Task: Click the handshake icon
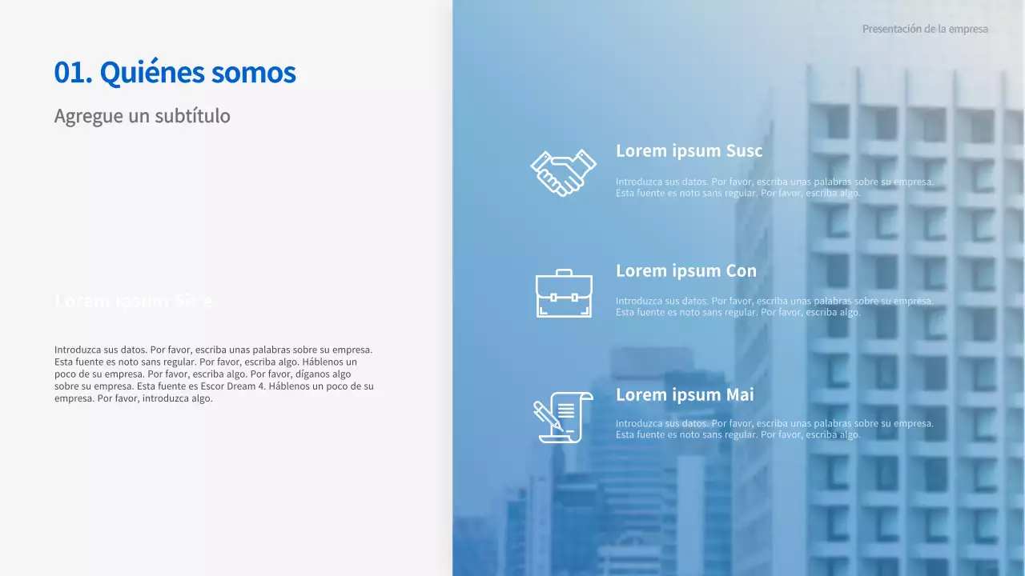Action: [x=563, y=172]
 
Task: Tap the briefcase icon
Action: [x=564, y=294]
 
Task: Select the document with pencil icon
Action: [x=563, y=417]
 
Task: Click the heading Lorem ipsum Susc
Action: [x=689, y=150]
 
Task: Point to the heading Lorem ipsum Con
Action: [x=685, y=270]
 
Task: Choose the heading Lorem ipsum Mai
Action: [x=685, y=394]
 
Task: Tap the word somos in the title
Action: [x=254, y=73]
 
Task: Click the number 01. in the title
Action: [x=73, y=73]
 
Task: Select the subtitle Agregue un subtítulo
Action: [x=142, y=116]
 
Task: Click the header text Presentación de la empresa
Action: [x=925, y=29]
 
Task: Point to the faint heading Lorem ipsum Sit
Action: [x=134, y=301]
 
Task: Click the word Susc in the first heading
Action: [x=744, y=150]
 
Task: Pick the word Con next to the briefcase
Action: [x=741, y=270]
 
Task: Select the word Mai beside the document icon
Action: [x=740, y=394]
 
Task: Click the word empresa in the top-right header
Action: [x=967, y=29]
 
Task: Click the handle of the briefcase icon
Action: [x=564, y=273]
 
